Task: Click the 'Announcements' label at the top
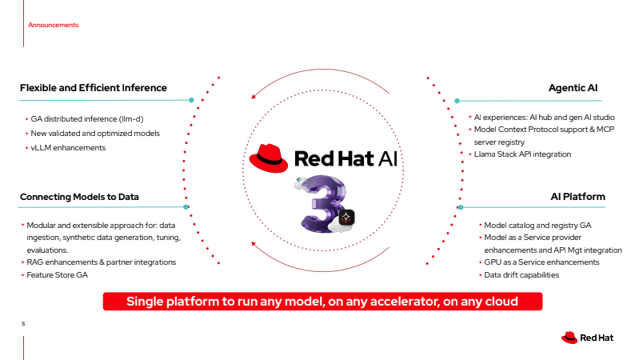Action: (x=53, y=25)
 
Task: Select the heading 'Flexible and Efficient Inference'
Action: (x=93, y=88)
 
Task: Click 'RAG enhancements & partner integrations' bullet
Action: (x=101, y=262)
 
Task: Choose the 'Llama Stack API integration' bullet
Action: (x=523, y=154)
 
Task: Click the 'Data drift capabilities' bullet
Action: (x=521, y=275)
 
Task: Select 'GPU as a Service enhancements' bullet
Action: (x=541, y=262)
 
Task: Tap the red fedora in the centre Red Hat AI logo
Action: (x=268, y=158)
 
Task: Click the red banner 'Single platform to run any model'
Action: (x=322, y=302)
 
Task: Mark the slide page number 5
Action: (x=23, y=324)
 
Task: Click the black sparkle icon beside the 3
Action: (x=346, y=217)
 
